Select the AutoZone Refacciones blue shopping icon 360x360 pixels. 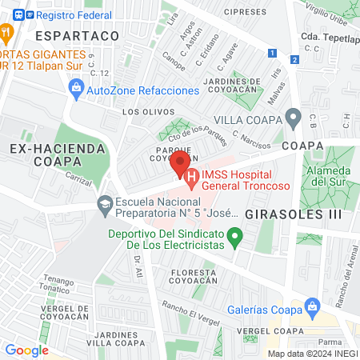coord(77,91)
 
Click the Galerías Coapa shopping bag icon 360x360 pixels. coord(313,306)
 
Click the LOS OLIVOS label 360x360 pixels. coord(140,113)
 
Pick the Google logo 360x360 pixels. coord(26,350)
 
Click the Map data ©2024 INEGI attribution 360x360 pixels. coord(312,354)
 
